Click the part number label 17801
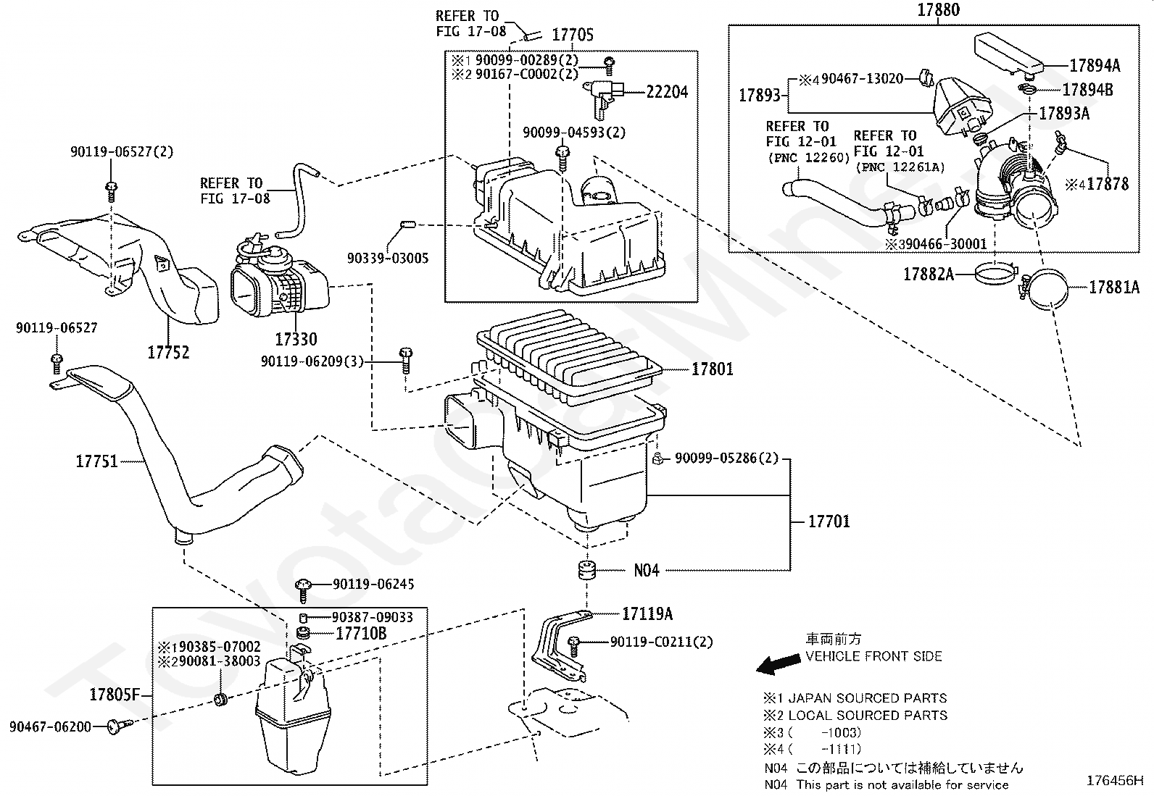point(712,369)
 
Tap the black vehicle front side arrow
point(778,664)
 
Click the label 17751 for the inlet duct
point(97,461)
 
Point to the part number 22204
point(667,92)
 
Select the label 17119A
point(647,613)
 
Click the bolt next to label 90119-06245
point(304,590)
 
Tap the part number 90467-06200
point(50,726)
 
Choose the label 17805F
point(115,695)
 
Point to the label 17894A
point(1095,65)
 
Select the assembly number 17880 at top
point(939,10)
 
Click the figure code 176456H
point(1114,781)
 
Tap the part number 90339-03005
point(387,258)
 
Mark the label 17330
point(296,339)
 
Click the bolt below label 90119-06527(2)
point(111,192)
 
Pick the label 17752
point(168,353)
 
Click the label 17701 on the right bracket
point(829,521)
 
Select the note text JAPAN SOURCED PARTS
point(868,698)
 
